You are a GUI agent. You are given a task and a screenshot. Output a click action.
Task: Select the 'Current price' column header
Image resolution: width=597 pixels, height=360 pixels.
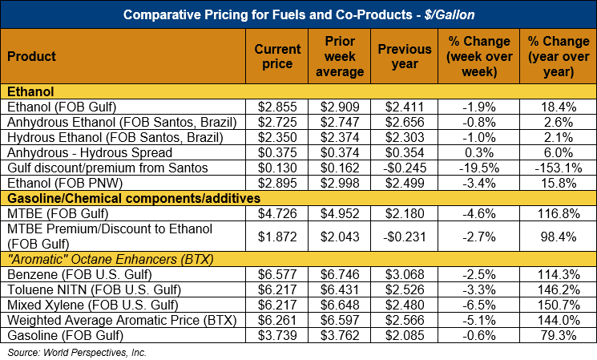pyautogui.click(x=277, y=56)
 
